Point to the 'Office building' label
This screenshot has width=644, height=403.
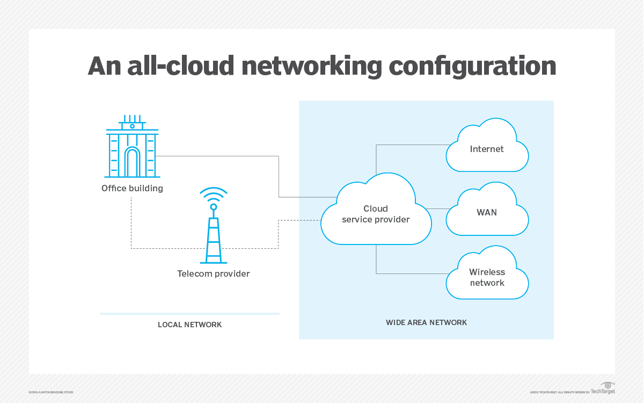point(132,188)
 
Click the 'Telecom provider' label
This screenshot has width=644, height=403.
point(213,274)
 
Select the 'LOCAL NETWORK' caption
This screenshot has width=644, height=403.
point(189,325)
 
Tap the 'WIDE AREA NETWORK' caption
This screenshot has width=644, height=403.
point(426,322)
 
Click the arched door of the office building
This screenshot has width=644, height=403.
point(131,162)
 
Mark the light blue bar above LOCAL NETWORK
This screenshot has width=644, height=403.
point(189,313)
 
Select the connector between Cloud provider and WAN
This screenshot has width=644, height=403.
point(438,208)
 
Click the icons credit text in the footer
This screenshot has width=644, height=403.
point(51,392)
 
